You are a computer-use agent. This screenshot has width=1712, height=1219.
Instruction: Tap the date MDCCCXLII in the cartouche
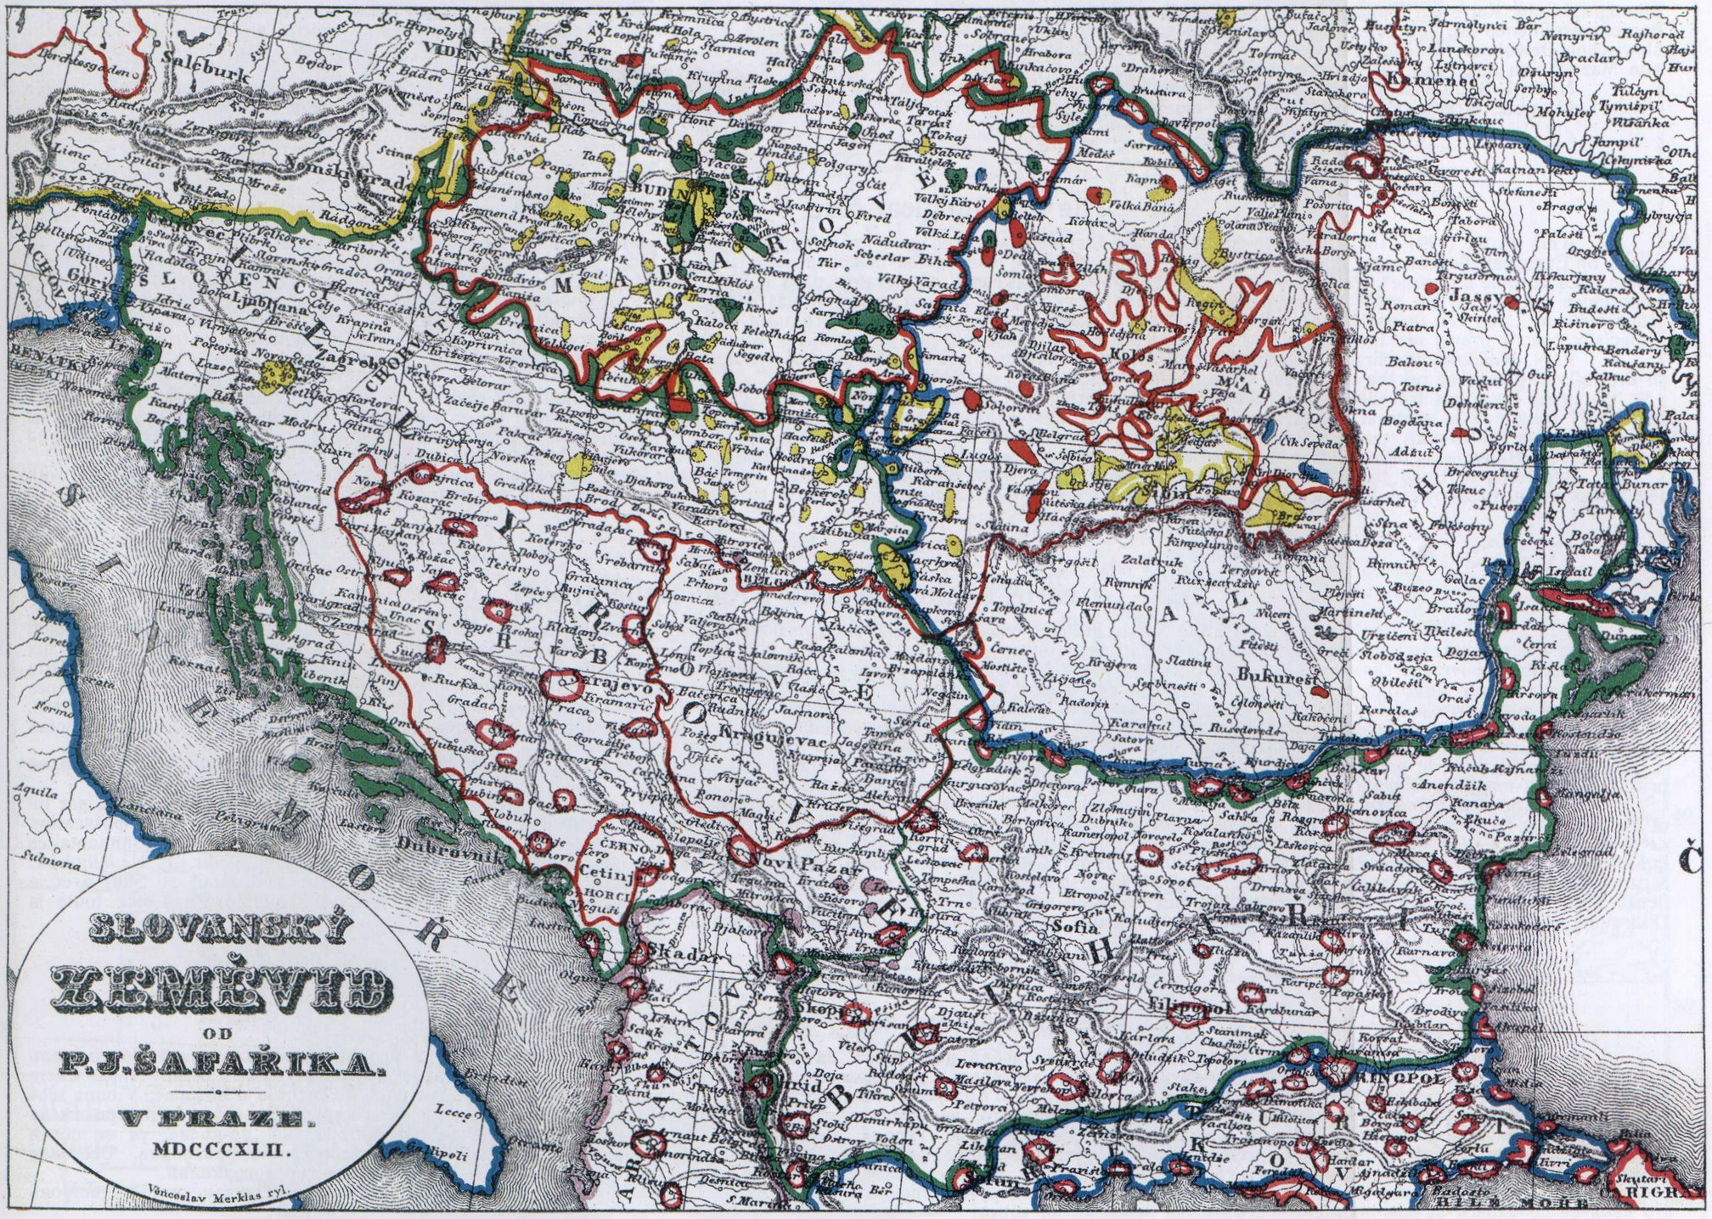point(223,1149)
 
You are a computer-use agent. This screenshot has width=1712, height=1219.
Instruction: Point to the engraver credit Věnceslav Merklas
point(218,1190)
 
